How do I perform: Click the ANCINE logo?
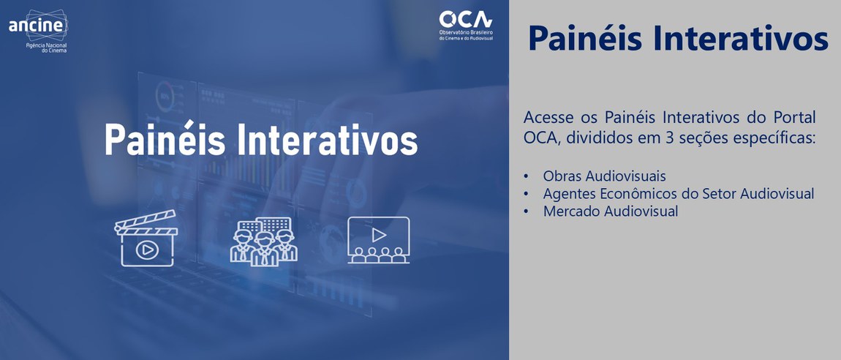pos(37,26)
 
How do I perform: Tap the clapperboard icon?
pos(146,239)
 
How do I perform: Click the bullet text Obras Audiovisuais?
pos(604,176)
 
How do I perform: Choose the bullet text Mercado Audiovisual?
pos(610,211)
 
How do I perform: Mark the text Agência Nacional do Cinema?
pos(46,48)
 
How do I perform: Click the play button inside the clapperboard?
pos(146,250)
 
